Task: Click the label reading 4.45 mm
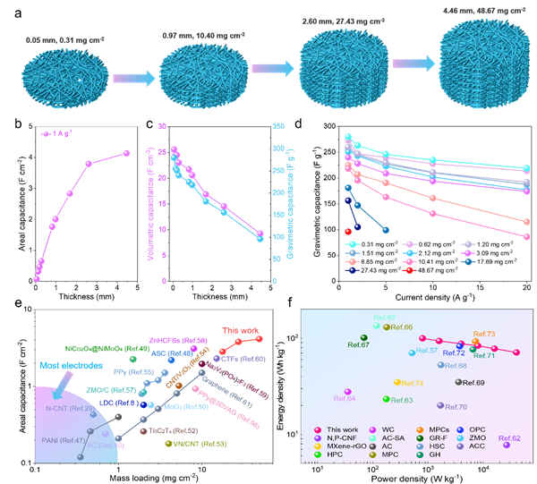click(x=456, y=11)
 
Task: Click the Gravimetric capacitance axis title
click(x=291, y=204)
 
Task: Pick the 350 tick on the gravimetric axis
click(x=277, y=126)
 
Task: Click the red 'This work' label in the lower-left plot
click(x=237, y=329)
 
